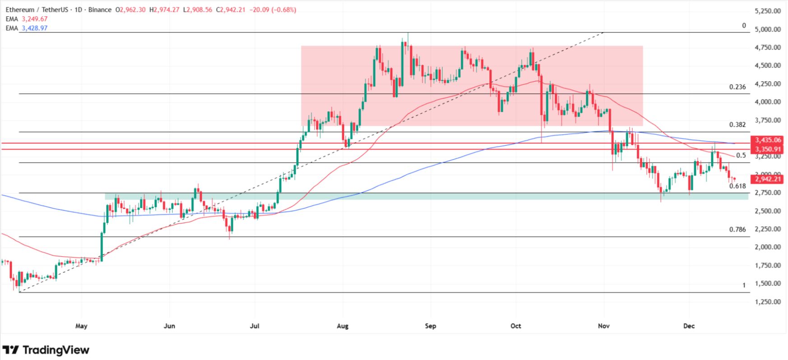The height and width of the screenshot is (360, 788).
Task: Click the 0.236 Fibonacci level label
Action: pyautogui.click(x=737, y=87)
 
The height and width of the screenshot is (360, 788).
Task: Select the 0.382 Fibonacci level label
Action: pyautogui.click(x=737, y=125)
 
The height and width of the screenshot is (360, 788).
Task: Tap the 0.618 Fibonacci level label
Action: pyautogui.click(x=737, y=186)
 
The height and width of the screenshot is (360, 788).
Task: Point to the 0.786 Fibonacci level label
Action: pyautogui.click(x=737, y=230)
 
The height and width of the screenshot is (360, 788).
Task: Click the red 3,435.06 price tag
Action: pyautogui.click(x=768, y=140)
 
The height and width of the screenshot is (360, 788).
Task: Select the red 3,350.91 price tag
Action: pyautogui.click(x=768, y=149)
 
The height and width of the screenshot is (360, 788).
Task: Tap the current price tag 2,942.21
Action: pyautogui.click(x=768, y=179)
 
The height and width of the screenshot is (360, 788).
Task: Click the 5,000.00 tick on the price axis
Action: pyautogui.click(x=768, y=30)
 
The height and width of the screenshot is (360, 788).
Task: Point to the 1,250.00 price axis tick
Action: pyautogui.click(x=768, y=302)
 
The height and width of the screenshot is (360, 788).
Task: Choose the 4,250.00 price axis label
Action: pyautogui.click(x=768, y=84)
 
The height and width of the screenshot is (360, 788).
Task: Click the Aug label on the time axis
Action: pyautogui.click(x=343, y=326)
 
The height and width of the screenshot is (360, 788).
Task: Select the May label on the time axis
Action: pyautogui.click(x=81, y=326)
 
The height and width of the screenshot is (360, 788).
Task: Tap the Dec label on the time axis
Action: pyautogui.click(x=689, y=326)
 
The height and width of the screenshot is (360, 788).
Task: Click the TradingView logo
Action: pyautogui.click(x=46, y=350)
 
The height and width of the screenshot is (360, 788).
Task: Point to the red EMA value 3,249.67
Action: pyautogui.click(x=34, y=19)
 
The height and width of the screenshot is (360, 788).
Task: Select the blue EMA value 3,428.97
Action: pyautogui.click(x=34, y=28)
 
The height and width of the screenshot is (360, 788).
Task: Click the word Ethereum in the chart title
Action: pyautogui.click(x=20, y=10)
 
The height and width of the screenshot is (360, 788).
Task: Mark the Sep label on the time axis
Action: pyautogui.click(x=431, y=326)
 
